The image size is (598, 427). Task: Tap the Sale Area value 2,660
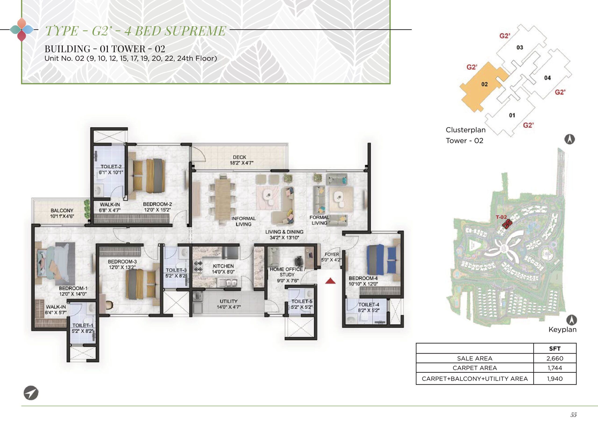555,358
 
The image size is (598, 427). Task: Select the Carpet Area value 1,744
555,368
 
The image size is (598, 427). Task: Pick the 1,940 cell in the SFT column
555,379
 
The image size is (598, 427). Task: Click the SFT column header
555,349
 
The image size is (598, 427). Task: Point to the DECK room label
239,157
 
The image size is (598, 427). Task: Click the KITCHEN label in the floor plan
223,266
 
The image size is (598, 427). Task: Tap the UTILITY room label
229,301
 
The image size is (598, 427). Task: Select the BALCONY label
62,211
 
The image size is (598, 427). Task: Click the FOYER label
332,254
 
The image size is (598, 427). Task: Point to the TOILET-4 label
369,305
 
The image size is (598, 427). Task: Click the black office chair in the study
299,261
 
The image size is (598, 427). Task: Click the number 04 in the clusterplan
548,78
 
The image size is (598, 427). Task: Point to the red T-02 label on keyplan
501,217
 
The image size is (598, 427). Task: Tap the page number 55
573,415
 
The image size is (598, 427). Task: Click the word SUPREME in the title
195,31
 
